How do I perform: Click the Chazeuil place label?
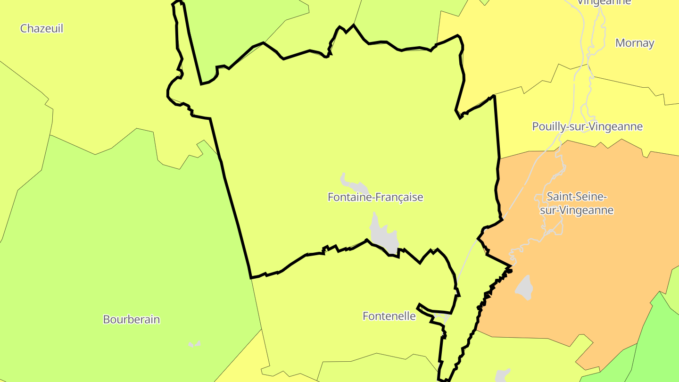[x=41, y=28]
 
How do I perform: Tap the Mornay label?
[x=635, y=43]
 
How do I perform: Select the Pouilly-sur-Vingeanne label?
[x=587, y=126]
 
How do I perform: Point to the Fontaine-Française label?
[x=375, y=197]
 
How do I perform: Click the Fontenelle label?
[x=389, y=316]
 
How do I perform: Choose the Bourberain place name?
[x=132, y=319]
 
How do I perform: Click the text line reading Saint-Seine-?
[x=576, y=196]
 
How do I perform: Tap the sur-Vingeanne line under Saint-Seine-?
[x=576, y=210]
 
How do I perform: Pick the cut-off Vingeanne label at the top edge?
[x=604, y=2]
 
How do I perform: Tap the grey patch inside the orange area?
[x=524, y=287]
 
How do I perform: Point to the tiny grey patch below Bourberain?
[x=194, y=344]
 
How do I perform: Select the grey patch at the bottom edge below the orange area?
[x=502, y=376]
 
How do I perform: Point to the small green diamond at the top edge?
[x=484, y=2]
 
